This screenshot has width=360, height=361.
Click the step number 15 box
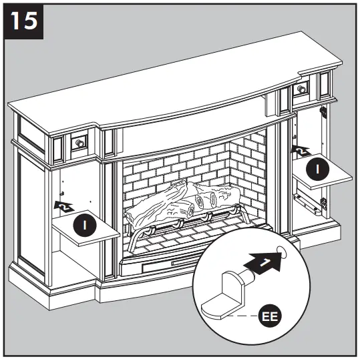tap(24, 22)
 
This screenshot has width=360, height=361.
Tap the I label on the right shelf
tap(320, 171)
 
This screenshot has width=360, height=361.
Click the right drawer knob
tap(302, 88)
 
